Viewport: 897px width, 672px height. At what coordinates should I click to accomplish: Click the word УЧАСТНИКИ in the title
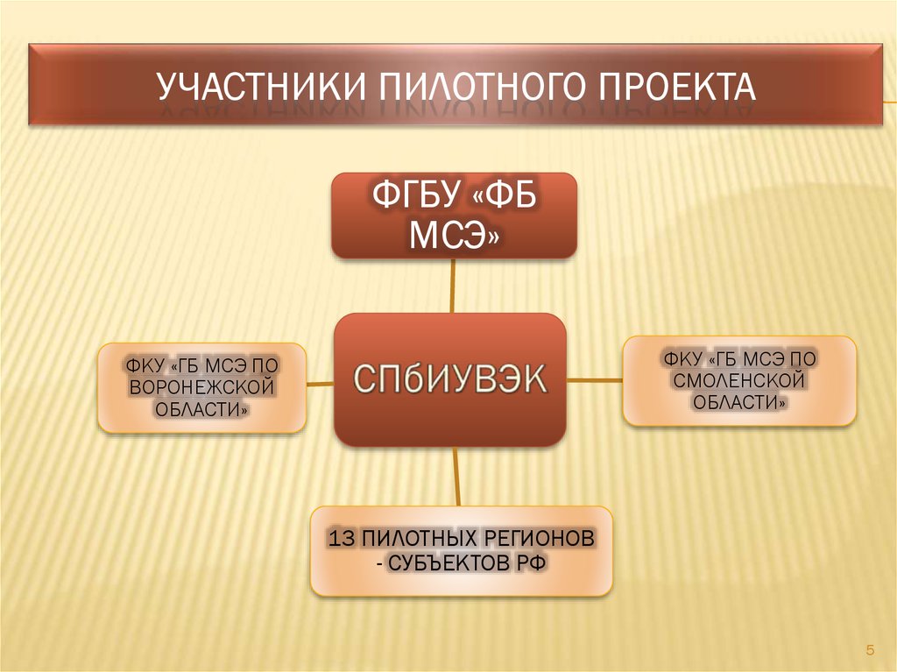click(x=261, y=87)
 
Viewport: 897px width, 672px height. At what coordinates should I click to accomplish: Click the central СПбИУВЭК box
click(x=450, y=379)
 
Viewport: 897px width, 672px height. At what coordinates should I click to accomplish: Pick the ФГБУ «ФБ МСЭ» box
click(x=455, y=216)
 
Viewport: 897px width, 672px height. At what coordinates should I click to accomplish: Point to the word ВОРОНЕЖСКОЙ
click(x=202, y=387)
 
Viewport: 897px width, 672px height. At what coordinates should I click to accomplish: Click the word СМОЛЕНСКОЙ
click(x=739, y=380)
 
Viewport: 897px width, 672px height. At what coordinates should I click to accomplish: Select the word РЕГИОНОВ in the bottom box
click(x=539, y=539)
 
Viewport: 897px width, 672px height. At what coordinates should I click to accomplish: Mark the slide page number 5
click(x=870, y=650)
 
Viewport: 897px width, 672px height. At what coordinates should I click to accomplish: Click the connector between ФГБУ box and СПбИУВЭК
click(x=453, y=286)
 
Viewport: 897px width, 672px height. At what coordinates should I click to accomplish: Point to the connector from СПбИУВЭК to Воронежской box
click(x=320, y=384)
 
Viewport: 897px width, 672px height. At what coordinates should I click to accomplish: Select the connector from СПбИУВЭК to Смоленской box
click(x=595, y=379)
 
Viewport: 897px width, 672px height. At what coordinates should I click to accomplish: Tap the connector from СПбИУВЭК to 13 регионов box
click(x=456, y=477)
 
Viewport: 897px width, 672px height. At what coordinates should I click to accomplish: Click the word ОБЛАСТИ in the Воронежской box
click(x=202, y=410)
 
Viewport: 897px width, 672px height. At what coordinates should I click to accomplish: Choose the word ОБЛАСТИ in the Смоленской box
click(x=739, y=402)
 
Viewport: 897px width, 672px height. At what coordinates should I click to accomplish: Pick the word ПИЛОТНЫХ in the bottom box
click(x=420, y=539)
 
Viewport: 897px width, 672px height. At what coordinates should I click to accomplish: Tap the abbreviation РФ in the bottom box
click(x=532, y=564)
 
